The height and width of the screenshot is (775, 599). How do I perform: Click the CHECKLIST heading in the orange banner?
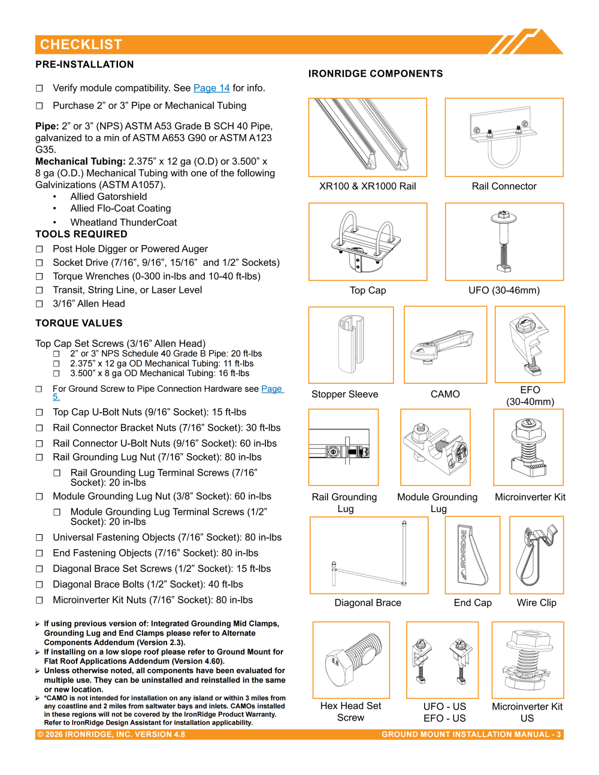[x=81, y=44]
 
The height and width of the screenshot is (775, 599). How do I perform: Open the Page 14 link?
[x=211, y=88]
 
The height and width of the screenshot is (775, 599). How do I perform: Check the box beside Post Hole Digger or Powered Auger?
[x=39, y=249]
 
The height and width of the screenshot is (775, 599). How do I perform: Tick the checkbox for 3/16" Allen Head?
[x=39, y=304]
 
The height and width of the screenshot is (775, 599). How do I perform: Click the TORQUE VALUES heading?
[x=79, y=323]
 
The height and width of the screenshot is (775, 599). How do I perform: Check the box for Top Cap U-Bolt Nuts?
[x=39, y=412]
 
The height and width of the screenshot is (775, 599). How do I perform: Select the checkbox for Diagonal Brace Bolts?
[x=39, y=585]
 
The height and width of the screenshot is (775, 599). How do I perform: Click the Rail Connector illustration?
[x=504, y=137]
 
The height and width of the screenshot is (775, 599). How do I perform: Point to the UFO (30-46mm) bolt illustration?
[x=504, y=242]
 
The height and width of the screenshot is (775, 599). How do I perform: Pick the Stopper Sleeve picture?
[x=351, y=345]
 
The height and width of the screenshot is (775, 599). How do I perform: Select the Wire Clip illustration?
[x=536, y=555]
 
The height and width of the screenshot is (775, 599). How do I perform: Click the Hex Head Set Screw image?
[x=351, y=660]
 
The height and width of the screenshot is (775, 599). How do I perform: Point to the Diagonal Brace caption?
[x=368, y=603]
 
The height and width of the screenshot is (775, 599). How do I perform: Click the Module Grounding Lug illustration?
[x=435, y=447]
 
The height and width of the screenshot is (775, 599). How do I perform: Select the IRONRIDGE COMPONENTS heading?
[x=376, y=74]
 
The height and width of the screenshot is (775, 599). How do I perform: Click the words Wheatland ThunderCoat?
[x=123, y=222]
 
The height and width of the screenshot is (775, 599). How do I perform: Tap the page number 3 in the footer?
[x=558, y=734]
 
